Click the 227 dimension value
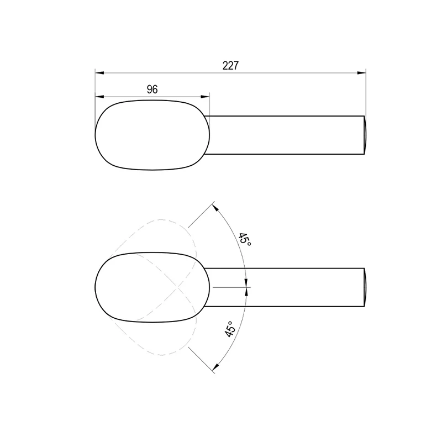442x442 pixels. (x=230, y=65)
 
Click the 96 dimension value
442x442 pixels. (x=152, y=90)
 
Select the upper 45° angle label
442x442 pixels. (x=244, y=239)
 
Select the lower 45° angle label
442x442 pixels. (x=230, y=329)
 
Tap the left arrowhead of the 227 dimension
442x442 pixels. (x=99, y=73)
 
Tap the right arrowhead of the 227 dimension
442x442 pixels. (x=361, y=73)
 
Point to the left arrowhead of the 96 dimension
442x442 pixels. (x=99, y=97)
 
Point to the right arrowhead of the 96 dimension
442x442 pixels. (x=205, y=97)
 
